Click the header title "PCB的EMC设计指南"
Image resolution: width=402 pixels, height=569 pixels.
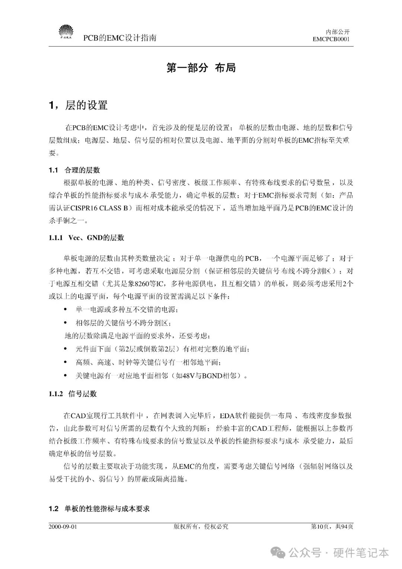click(x=119, y=38)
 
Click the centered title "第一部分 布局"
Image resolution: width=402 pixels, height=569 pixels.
click(x=201, y=68)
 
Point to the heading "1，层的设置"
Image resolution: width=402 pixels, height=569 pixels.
click(x=78, y=105)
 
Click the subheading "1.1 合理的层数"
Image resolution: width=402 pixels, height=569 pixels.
click(x=74, y=170)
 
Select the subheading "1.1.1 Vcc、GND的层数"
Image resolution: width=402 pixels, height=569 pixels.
click(x=86, y=238)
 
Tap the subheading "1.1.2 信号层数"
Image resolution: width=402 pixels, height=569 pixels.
click(x=73, y=394)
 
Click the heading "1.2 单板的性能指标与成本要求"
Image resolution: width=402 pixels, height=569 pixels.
click(x=99, y=508)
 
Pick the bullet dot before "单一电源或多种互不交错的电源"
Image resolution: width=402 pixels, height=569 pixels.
click(x=66, y=309)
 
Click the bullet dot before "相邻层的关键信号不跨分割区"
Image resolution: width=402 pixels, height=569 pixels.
click(x=66, y=323)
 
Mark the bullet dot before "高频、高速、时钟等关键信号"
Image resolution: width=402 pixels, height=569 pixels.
click(x=66, y=362)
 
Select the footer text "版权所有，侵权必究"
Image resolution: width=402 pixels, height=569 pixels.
click(x=201, y=527)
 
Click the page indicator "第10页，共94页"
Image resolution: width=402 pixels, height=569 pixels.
click(x=332, y=527)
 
